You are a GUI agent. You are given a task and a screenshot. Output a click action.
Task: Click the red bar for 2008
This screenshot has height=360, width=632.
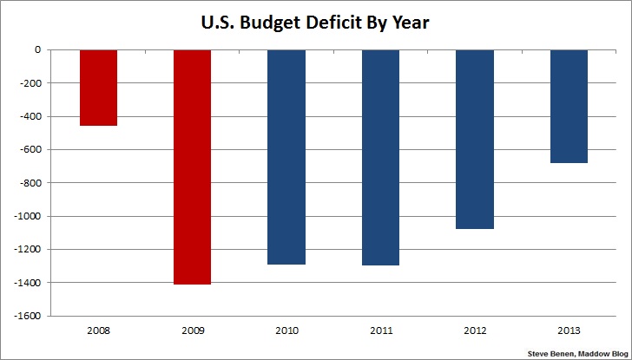click(x=98, y=88)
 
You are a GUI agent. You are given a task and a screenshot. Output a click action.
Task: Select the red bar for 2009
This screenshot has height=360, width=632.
click(x=192, y=167)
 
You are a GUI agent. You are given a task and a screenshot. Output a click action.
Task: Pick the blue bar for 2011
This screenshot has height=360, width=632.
click(x=380, y=157)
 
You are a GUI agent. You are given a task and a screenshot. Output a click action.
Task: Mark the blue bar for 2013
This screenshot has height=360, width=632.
click(x=569, y=106)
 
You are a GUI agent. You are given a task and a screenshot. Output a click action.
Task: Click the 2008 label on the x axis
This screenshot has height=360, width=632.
click(x=98, y=331)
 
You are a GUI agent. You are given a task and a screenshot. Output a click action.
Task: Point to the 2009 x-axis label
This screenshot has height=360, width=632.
click(x=192, y=331)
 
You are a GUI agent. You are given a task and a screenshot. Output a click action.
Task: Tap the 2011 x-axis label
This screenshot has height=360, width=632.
click(x=380, y=331)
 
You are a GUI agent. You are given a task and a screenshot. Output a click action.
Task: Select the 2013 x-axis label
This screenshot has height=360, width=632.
click(x=569, y=331)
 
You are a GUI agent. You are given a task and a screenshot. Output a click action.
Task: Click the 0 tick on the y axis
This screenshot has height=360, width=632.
click(x=38, y=50)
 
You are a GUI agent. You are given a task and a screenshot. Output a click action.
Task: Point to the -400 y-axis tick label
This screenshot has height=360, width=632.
click(x=31, y=117)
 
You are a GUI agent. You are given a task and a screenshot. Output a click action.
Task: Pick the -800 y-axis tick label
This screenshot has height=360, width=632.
click(x=31, y=183)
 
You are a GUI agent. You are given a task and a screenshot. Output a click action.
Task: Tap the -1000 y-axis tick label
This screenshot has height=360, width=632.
click(x=29, y=216)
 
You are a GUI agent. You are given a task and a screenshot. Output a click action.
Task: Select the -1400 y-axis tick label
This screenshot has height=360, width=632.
click(x=29, y=283)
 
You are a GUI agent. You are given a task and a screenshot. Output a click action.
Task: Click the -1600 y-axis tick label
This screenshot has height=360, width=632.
click(x=29, y=316)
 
